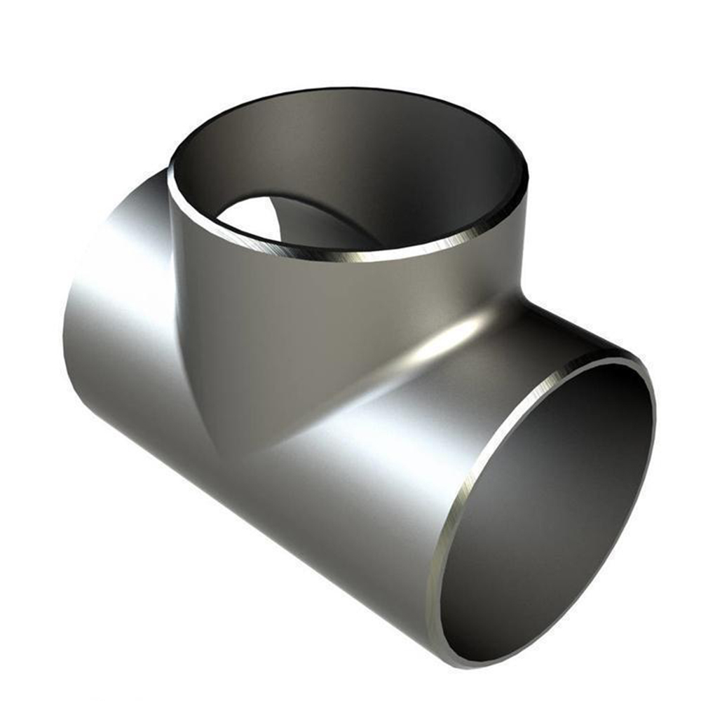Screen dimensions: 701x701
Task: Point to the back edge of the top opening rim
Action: coord(350,92)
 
